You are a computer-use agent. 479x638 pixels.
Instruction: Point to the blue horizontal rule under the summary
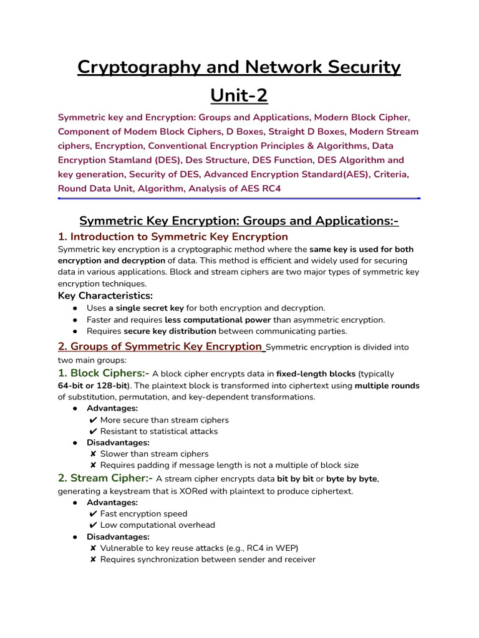pos(239,198)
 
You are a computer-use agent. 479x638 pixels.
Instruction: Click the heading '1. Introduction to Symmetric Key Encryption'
pos(173,237)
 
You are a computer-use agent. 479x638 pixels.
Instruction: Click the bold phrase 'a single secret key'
pos(147,308)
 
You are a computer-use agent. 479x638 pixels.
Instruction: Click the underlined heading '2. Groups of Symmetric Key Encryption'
pos(160,346)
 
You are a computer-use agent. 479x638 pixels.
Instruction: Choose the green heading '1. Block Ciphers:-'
pos(104,373)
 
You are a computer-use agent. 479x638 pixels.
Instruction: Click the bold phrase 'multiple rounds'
pos(387,386)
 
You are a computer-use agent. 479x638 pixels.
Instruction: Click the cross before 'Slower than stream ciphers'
pos(93,454)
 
